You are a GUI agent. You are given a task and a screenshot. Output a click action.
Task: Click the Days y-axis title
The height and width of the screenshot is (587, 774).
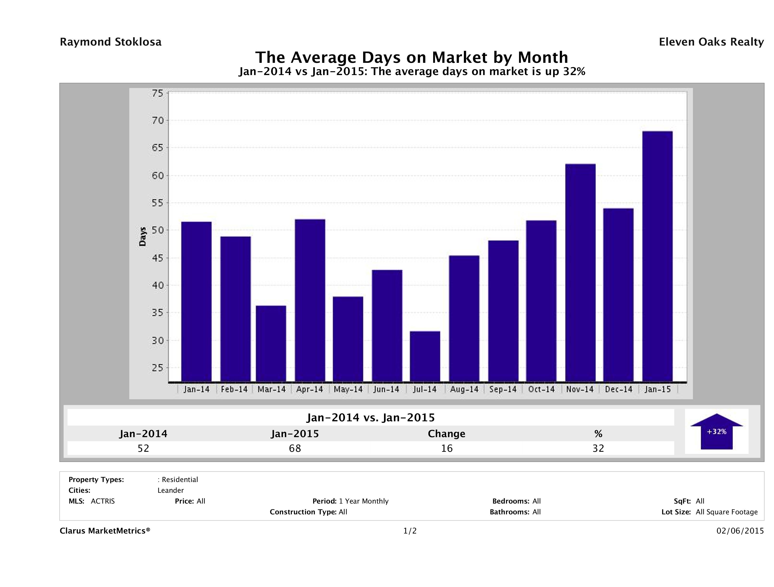tap(142, 236)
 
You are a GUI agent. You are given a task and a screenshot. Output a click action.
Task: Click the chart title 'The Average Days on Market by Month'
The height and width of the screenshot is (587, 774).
tap(412, 57)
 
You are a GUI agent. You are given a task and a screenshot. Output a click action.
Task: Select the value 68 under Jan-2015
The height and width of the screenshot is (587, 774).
tap(295, 448)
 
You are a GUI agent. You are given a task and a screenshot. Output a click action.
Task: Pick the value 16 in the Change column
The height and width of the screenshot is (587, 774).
tap(447, 448)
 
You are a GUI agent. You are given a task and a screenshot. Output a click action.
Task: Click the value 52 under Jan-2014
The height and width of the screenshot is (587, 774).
tap(143, 448)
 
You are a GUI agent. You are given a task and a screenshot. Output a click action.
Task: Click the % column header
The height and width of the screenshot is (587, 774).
tap(598, 434)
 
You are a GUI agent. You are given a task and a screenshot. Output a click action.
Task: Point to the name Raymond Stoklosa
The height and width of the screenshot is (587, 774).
tap(111, 42)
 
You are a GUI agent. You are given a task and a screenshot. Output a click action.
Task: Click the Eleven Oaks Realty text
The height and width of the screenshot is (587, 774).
tap(711, 42)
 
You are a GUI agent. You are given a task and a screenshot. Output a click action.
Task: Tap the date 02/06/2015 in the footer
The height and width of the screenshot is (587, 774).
tap(740, 531)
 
